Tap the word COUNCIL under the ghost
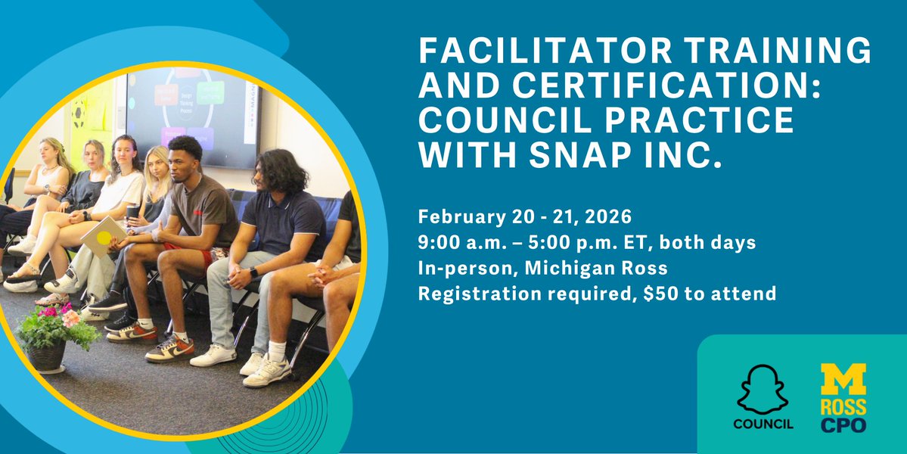(763, 424)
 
